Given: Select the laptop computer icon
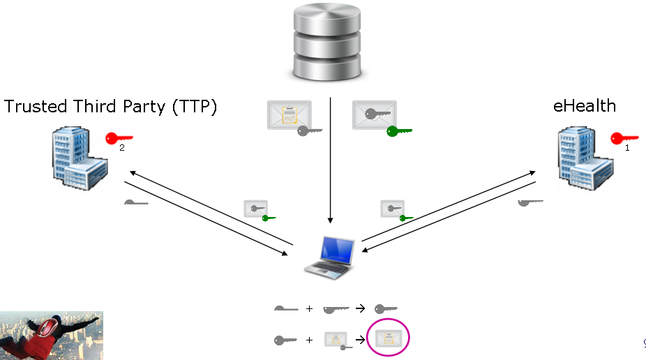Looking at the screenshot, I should tap(331, 257).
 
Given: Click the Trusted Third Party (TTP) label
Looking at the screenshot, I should tap(111, 107).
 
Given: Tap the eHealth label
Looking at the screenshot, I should tap(584, 105).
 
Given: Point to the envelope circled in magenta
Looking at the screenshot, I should tap(388, 339).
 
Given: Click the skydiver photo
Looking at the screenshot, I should tap(52, 336).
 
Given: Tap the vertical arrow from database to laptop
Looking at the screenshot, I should tap(331, 160).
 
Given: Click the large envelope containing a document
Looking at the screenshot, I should tap(290, 115).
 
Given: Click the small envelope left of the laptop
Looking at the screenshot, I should tap(255, 209).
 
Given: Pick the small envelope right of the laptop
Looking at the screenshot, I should tap(393, 209).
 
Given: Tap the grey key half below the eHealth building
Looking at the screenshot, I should tap(530, 202).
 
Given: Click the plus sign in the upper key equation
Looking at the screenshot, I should tap(309, 308).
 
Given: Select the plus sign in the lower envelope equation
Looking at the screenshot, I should tap(309, 340).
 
